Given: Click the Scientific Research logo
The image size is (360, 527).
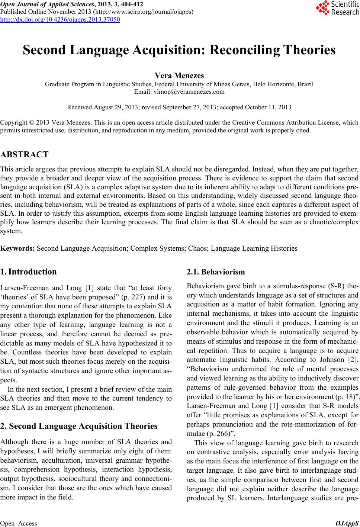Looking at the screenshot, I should coord(337,8).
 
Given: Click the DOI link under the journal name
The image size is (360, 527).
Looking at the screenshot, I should coord(60,19).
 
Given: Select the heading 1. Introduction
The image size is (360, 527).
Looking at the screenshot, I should coord(29,271).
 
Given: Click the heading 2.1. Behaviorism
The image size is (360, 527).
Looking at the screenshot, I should coord(216,272).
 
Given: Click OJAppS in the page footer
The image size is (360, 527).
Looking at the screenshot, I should coord(347,523).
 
